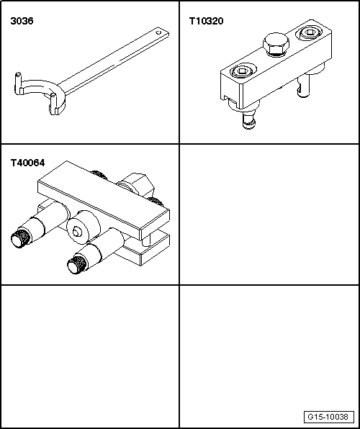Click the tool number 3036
[x=22, y=21]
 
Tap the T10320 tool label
[x=206, y=21]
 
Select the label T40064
[x=27, y=163]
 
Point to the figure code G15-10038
[x=329, y=417]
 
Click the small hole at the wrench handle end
[x=159, y=32]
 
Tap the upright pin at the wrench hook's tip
[x=18, y=83]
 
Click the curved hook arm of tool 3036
[x=41, y=90]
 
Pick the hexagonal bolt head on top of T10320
[x=276, y=44]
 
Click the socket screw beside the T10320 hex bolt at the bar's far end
[x=310, y=33]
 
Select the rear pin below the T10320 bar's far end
[x=304, y=86]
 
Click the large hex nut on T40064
[x=136, y=184]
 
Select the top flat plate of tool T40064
[x=104, y=199]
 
